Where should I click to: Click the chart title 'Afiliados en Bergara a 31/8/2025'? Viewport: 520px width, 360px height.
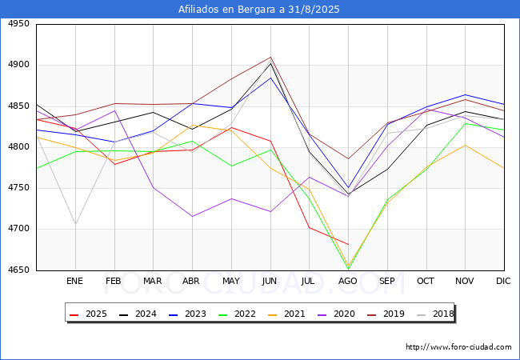pos(260,10)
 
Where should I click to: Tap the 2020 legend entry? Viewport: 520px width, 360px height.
pos(349,314)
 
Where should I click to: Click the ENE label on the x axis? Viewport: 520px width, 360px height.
pos(74,282)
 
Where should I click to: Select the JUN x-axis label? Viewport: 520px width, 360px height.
pos(270,282)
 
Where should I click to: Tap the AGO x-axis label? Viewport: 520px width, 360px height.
pos(348,282)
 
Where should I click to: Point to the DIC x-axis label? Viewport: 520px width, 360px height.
pos(504,282)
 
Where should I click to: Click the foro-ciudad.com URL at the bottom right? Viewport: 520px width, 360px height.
pos(458,347)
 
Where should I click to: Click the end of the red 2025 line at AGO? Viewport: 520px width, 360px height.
pos(348,244)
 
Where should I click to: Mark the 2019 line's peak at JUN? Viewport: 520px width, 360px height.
pos(270,57)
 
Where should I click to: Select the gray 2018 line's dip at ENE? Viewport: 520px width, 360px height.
pos(75,224)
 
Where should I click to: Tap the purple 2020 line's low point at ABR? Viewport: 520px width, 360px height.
pos(192,216)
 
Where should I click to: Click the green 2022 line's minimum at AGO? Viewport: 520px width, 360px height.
pos(348,269)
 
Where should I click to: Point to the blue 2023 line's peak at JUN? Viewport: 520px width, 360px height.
pos(270,78)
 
